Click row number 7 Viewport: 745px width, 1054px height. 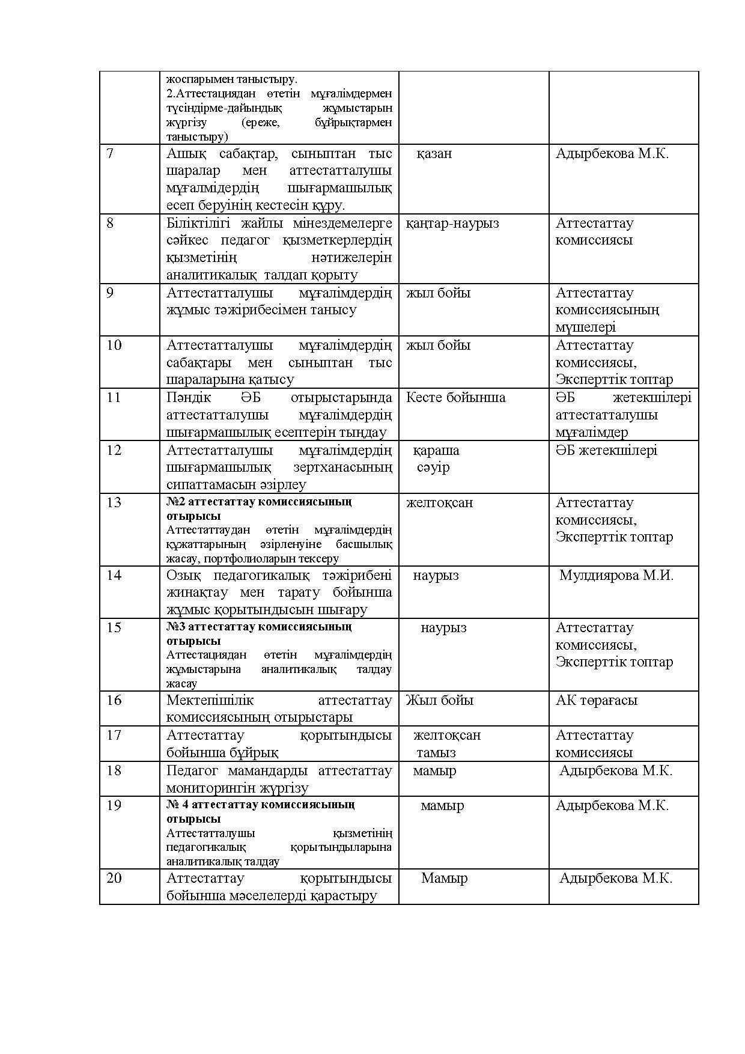(110, 154)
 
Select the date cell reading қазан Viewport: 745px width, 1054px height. (434, 154)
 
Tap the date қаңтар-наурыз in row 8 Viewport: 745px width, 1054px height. (452, 224)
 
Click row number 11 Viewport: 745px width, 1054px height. (114, 397)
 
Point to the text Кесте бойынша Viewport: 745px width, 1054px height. (455, 397)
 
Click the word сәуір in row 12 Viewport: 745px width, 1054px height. (433, 467)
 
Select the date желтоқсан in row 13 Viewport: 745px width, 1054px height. (439, 502)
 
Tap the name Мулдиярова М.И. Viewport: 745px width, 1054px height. (616, 575)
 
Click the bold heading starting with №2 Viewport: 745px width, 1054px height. (259, 508)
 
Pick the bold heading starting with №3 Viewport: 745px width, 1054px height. (259, 633)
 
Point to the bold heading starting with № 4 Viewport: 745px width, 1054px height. (260, 811)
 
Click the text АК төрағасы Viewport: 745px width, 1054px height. (596, 700)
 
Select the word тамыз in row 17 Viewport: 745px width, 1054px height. (436, 752)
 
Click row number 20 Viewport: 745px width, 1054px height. (114, 878)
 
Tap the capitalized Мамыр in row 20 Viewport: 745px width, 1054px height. (444, 878)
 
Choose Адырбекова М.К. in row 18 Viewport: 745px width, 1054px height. (616, 770)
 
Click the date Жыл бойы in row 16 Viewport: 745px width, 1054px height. (439, 700)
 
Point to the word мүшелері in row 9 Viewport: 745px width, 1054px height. (585, 327)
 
